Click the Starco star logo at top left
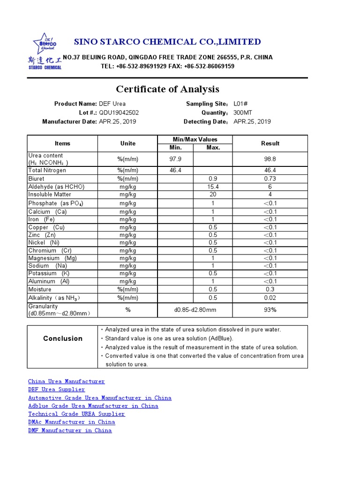click(44, 44)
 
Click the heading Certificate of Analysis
click(167, 89)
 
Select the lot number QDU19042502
click(119, 112)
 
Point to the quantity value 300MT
click(243, 112)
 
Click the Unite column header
click(127, 143)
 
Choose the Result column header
click(270, 143)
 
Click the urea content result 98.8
click(270, 159)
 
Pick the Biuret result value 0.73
click(270, 179)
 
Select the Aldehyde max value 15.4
click(213, 187)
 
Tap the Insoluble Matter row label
click(50, 195)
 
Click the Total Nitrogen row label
click(47, 171)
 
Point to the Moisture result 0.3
click(270, 289)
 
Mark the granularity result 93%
click(270, 310)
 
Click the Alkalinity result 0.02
click(270, 298)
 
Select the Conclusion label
click(63, 338)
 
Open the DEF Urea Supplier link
click(57, 390)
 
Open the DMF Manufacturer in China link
click(70, 430)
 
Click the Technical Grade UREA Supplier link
click(76, 414)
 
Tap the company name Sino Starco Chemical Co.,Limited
click(167, 42)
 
